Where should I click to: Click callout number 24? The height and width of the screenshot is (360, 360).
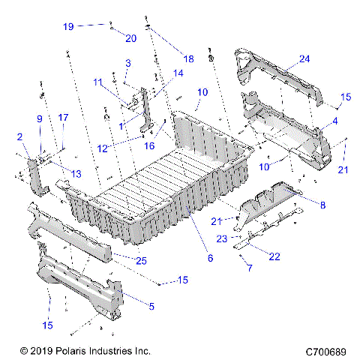point(304,58)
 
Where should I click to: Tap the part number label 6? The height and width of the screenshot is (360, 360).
point(209,258)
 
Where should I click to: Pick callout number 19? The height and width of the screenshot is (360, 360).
point(68,26)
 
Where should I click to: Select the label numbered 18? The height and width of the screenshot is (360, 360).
point(187,58)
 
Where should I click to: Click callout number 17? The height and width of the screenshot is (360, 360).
point(64,117)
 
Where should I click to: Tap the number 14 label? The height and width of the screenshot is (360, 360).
point(178,73)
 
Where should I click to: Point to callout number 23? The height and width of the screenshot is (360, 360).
point(221,239)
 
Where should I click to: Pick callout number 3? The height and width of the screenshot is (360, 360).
point(128,63)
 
